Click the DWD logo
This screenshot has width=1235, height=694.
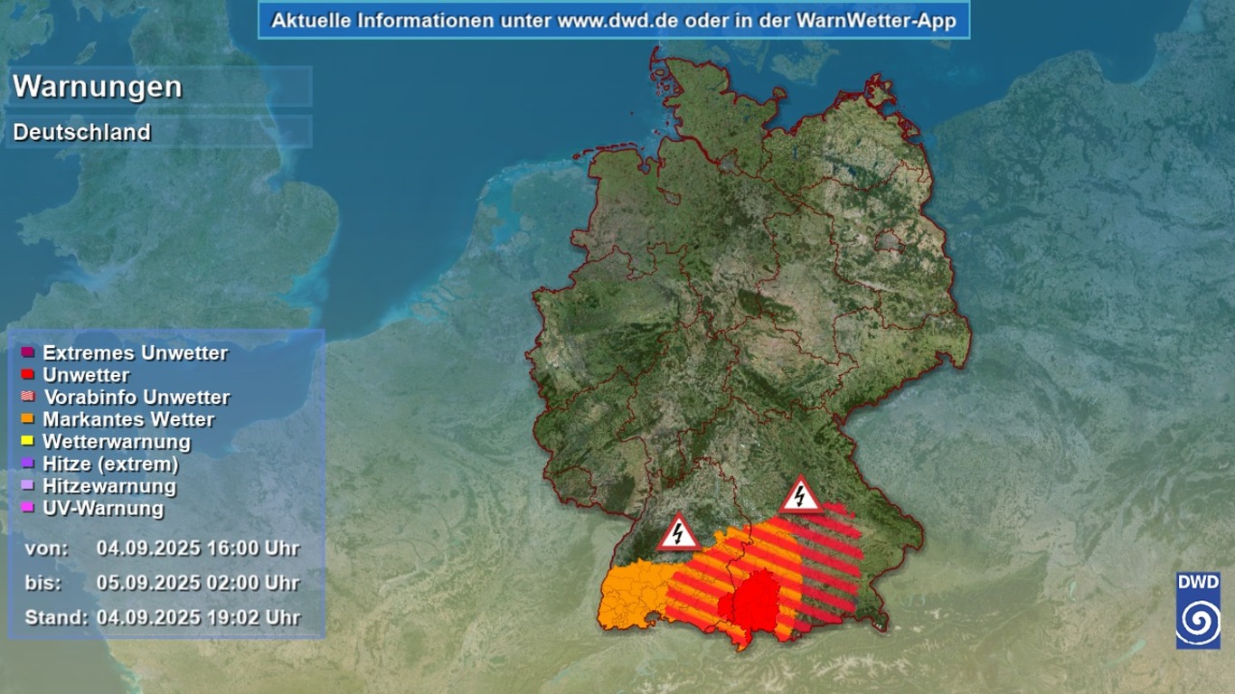pos(1198,609)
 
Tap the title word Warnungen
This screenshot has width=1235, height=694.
pos(98,87)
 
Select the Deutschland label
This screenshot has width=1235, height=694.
pos(82,132)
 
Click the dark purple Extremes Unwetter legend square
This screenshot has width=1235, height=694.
pos(28,352)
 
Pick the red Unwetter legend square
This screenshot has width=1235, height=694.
pos(28,374)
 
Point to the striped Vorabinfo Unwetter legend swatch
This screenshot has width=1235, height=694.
pos(28,397)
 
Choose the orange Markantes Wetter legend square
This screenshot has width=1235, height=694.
pos(28,418)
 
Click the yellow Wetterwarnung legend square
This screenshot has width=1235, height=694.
pos(28,441)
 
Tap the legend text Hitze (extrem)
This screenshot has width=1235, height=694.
pos(110,464)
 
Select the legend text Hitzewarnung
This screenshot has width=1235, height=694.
pos(109,486)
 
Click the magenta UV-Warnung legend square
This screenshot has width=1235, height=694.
pos(28,508)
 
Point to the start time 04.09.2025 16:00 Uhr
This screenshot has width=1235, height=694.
pos(198,548)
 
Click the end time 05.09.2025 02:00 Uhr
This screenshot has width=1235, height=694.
pos(198,583)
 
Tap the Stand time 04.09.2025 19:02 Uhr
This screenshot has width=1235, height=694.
pos(198,618)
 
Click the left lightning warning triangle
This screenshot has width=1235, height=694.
pos(678,533)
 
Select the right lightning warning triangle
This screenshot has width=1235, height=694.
pos(800,496)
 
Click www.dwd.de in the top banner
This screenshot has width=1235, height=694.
pos(608,20)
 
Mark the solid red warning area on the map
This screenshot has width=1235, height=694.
pos(755,601)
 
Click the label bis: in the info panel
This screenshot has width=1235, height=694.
pos(43,583)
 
